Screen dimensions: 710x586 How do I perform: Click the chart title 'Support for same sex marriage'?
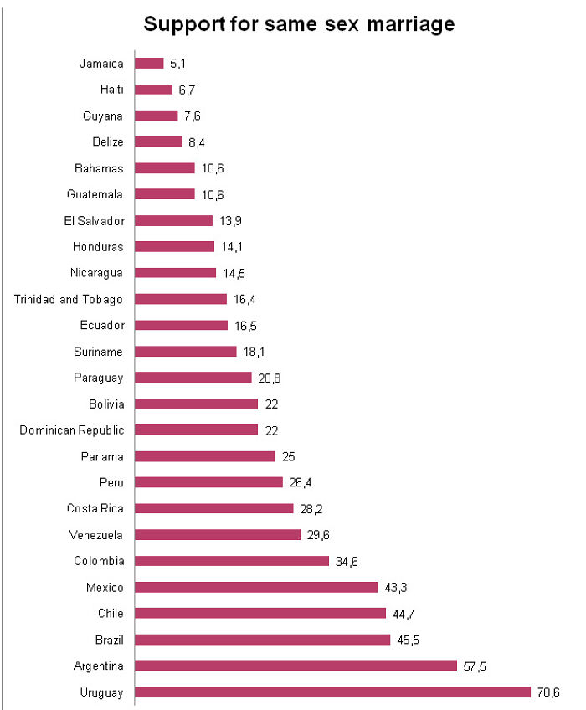point(299,24)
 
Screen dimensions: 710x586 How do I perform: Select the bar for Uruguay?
point(332,692)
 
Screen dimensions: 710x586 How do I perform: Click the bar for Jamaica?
point(149,63)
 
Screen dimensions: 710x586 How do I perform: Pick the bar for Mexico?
point(256,587)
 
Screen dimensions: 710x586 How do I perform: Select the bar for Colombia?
point(232,561)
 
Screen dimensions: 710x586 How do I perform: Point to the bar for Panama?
point(205,456)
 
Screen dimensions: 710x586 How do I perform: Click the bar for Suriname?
point(186,352)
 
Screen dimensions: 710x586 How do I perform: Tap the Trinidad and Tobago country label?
point(69,299)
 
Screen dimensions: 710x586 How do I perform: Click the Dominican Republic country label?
point(72,430)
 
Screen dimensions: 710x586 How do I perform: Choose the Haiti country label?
point(111,90)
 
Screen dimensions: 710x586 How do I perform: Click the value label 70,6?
point(550,692)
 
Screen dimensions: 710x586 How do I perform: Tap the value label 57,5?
point(472,666)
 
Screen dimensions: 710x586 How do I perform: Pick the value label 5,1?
point(177,63)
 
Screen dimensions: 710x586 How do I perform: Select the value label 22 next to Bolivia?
point(270,404)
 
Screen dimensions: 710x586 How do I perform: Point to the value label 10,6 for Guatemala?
point(213,194)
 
